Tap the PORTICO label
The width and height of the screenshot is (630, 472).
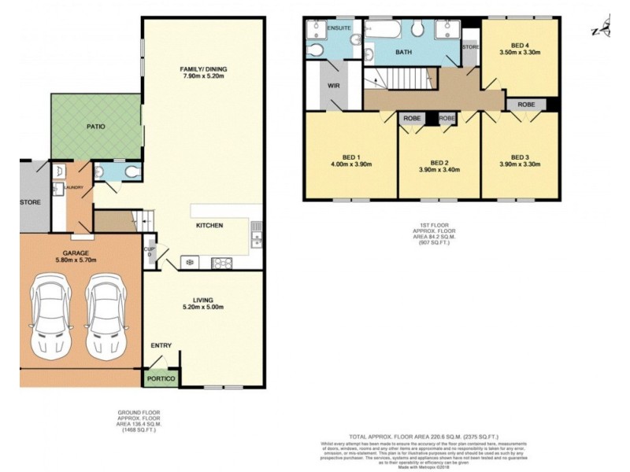161,379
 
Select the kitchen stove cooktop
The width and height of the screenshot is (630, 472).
220,263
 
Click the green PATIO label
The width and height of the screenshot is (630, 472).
96,126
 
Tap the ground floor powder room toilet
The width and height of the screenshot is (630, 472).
132,171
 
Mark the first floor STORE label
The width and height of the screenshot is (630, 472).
471,47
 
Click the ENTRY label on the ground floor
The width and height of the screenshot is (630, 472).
161,345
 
